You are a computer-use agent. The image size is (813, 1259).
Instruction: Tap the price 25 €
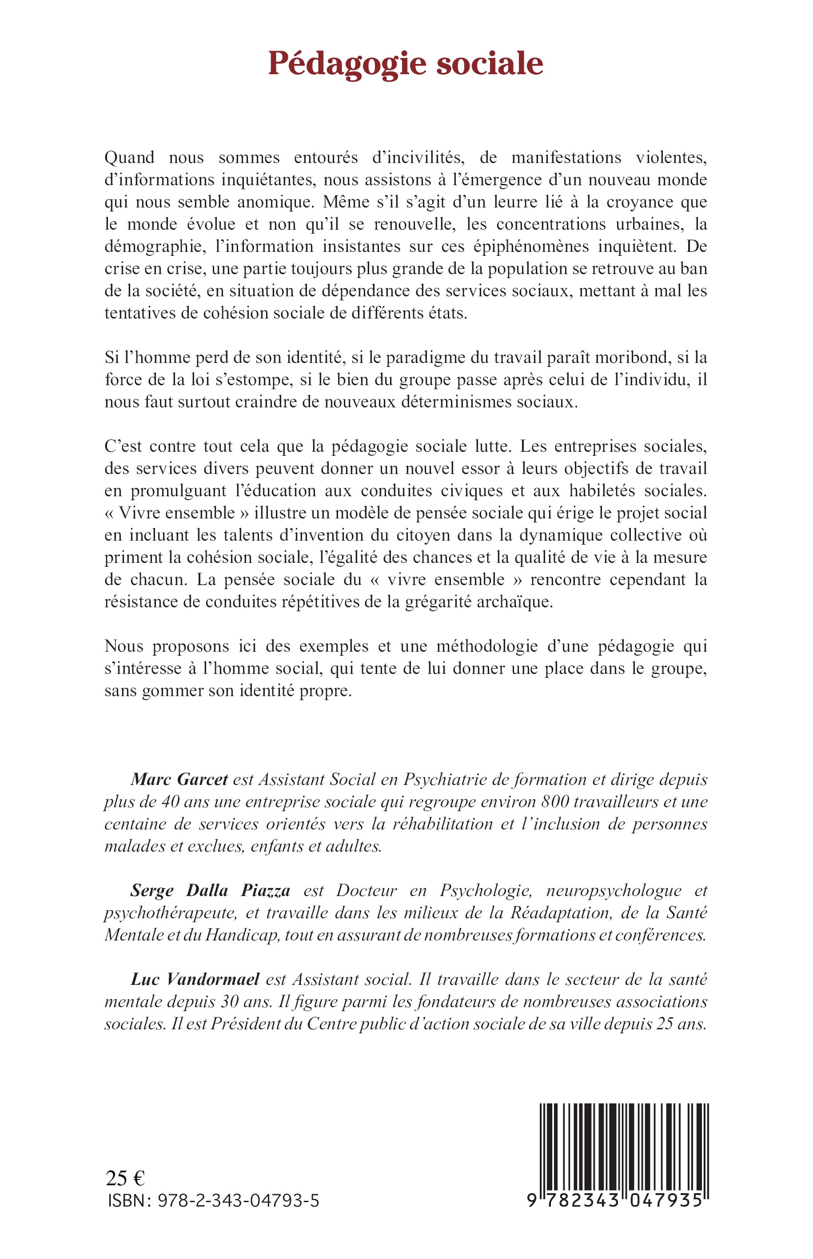click(125, 1178)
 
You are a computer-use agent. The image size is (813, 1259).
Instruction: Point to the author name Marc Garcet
click(179, 779)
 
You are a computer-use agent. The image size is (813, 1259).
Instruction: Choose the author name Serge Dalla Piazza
click(210, 891)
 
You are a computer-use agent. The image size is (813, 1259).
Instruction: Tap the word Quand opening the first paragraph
click(129, 157)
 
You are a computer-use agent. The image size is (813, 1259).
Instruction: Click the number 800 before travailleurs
click(555, 801)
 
